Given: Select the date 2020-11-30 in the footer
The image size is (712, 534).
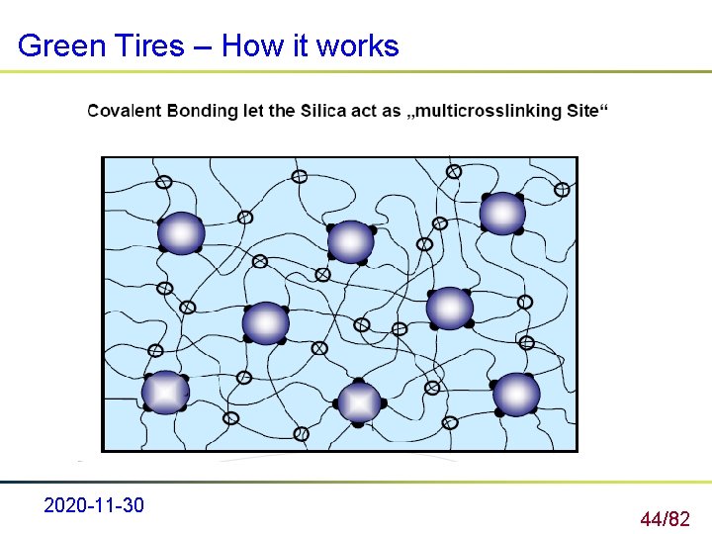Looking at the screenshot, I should [94, 506].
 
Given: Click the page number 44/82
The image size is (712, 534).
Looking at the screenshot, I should [665, 518].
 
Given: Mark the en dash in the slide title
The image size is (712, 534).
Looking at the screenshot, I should [203, 46].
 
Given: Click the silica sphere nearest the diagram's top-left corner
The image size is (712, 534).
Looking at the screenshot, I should [181, 233].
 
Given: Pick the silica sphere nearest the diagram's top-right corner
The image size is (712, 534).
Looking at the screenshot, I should [502, 214].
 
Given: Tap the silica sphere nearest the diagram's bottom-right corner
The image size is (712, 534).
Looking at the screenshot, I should [516, 395].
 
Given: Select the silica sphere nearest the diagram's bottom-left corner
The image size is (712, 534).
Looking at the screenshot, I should [165, 393].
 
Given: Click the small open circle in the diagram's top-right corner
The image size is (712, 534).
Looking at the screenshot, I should [562, 189].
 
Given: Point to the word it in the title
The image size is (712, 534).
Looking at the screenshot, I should [302, 45].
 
